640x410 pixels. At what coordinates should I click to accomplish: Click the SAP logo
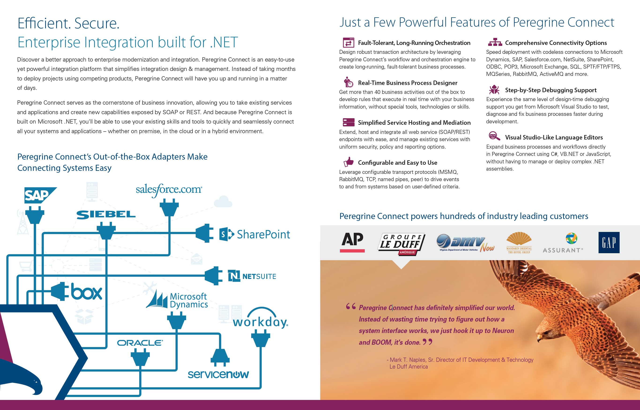40,195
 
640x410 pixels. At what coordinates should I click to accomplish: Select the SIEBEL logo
106,215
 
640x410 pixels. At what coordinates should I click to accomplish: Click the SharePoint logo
254,234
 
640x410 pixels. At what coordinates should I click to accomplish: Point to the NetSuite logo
252,276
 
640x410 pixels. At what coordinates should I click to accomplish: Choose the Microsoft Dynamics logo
177,299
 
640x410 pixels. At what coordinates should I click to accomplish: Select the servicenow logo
218,374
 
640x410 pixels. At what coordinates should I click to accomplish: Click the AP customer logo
352,242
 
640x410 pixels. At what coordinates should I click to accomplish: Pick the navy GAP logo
609,242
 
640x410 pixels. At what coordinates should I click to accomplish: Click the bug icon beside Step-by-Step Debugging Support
494,90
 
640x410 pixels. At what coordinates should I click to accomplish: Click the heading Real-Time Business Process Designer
408,83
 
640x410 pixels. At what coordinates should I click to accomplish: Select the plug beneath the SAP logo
35,215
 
